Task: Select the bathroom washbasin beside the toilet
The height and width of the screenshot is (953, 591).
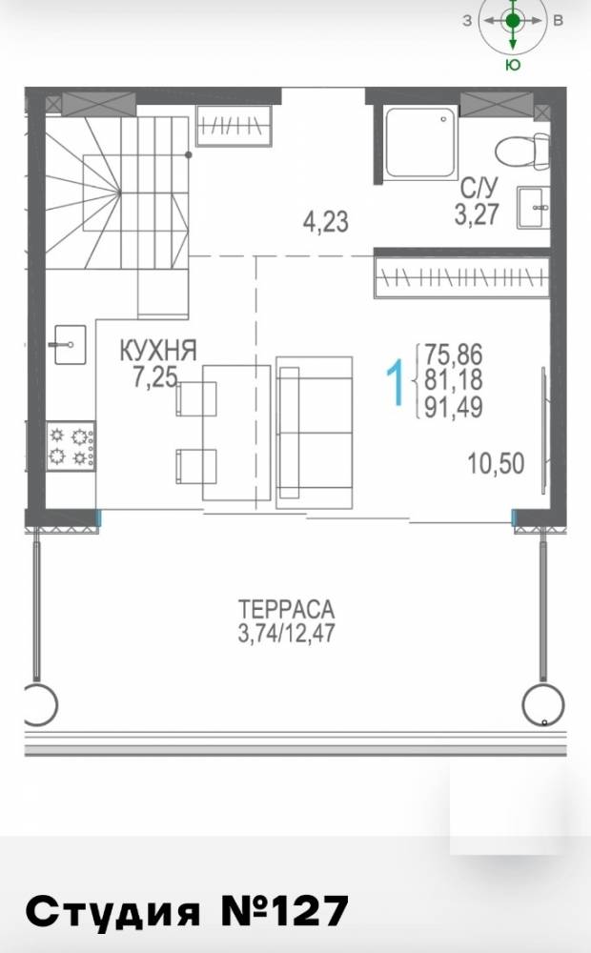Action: point(532,208)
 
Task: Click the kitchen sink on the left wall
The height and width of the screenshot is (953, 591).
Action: point(68,342)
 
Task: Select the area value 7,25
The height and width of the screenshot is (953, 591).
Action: point(154,376)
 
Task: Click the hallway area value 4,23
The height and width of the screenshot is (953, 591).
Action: point(325,224)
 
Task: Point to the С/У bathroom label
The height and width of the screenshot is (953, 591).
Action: point(477,187)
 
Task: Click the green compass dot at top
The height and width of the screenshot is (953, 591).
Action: point(513,20)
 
